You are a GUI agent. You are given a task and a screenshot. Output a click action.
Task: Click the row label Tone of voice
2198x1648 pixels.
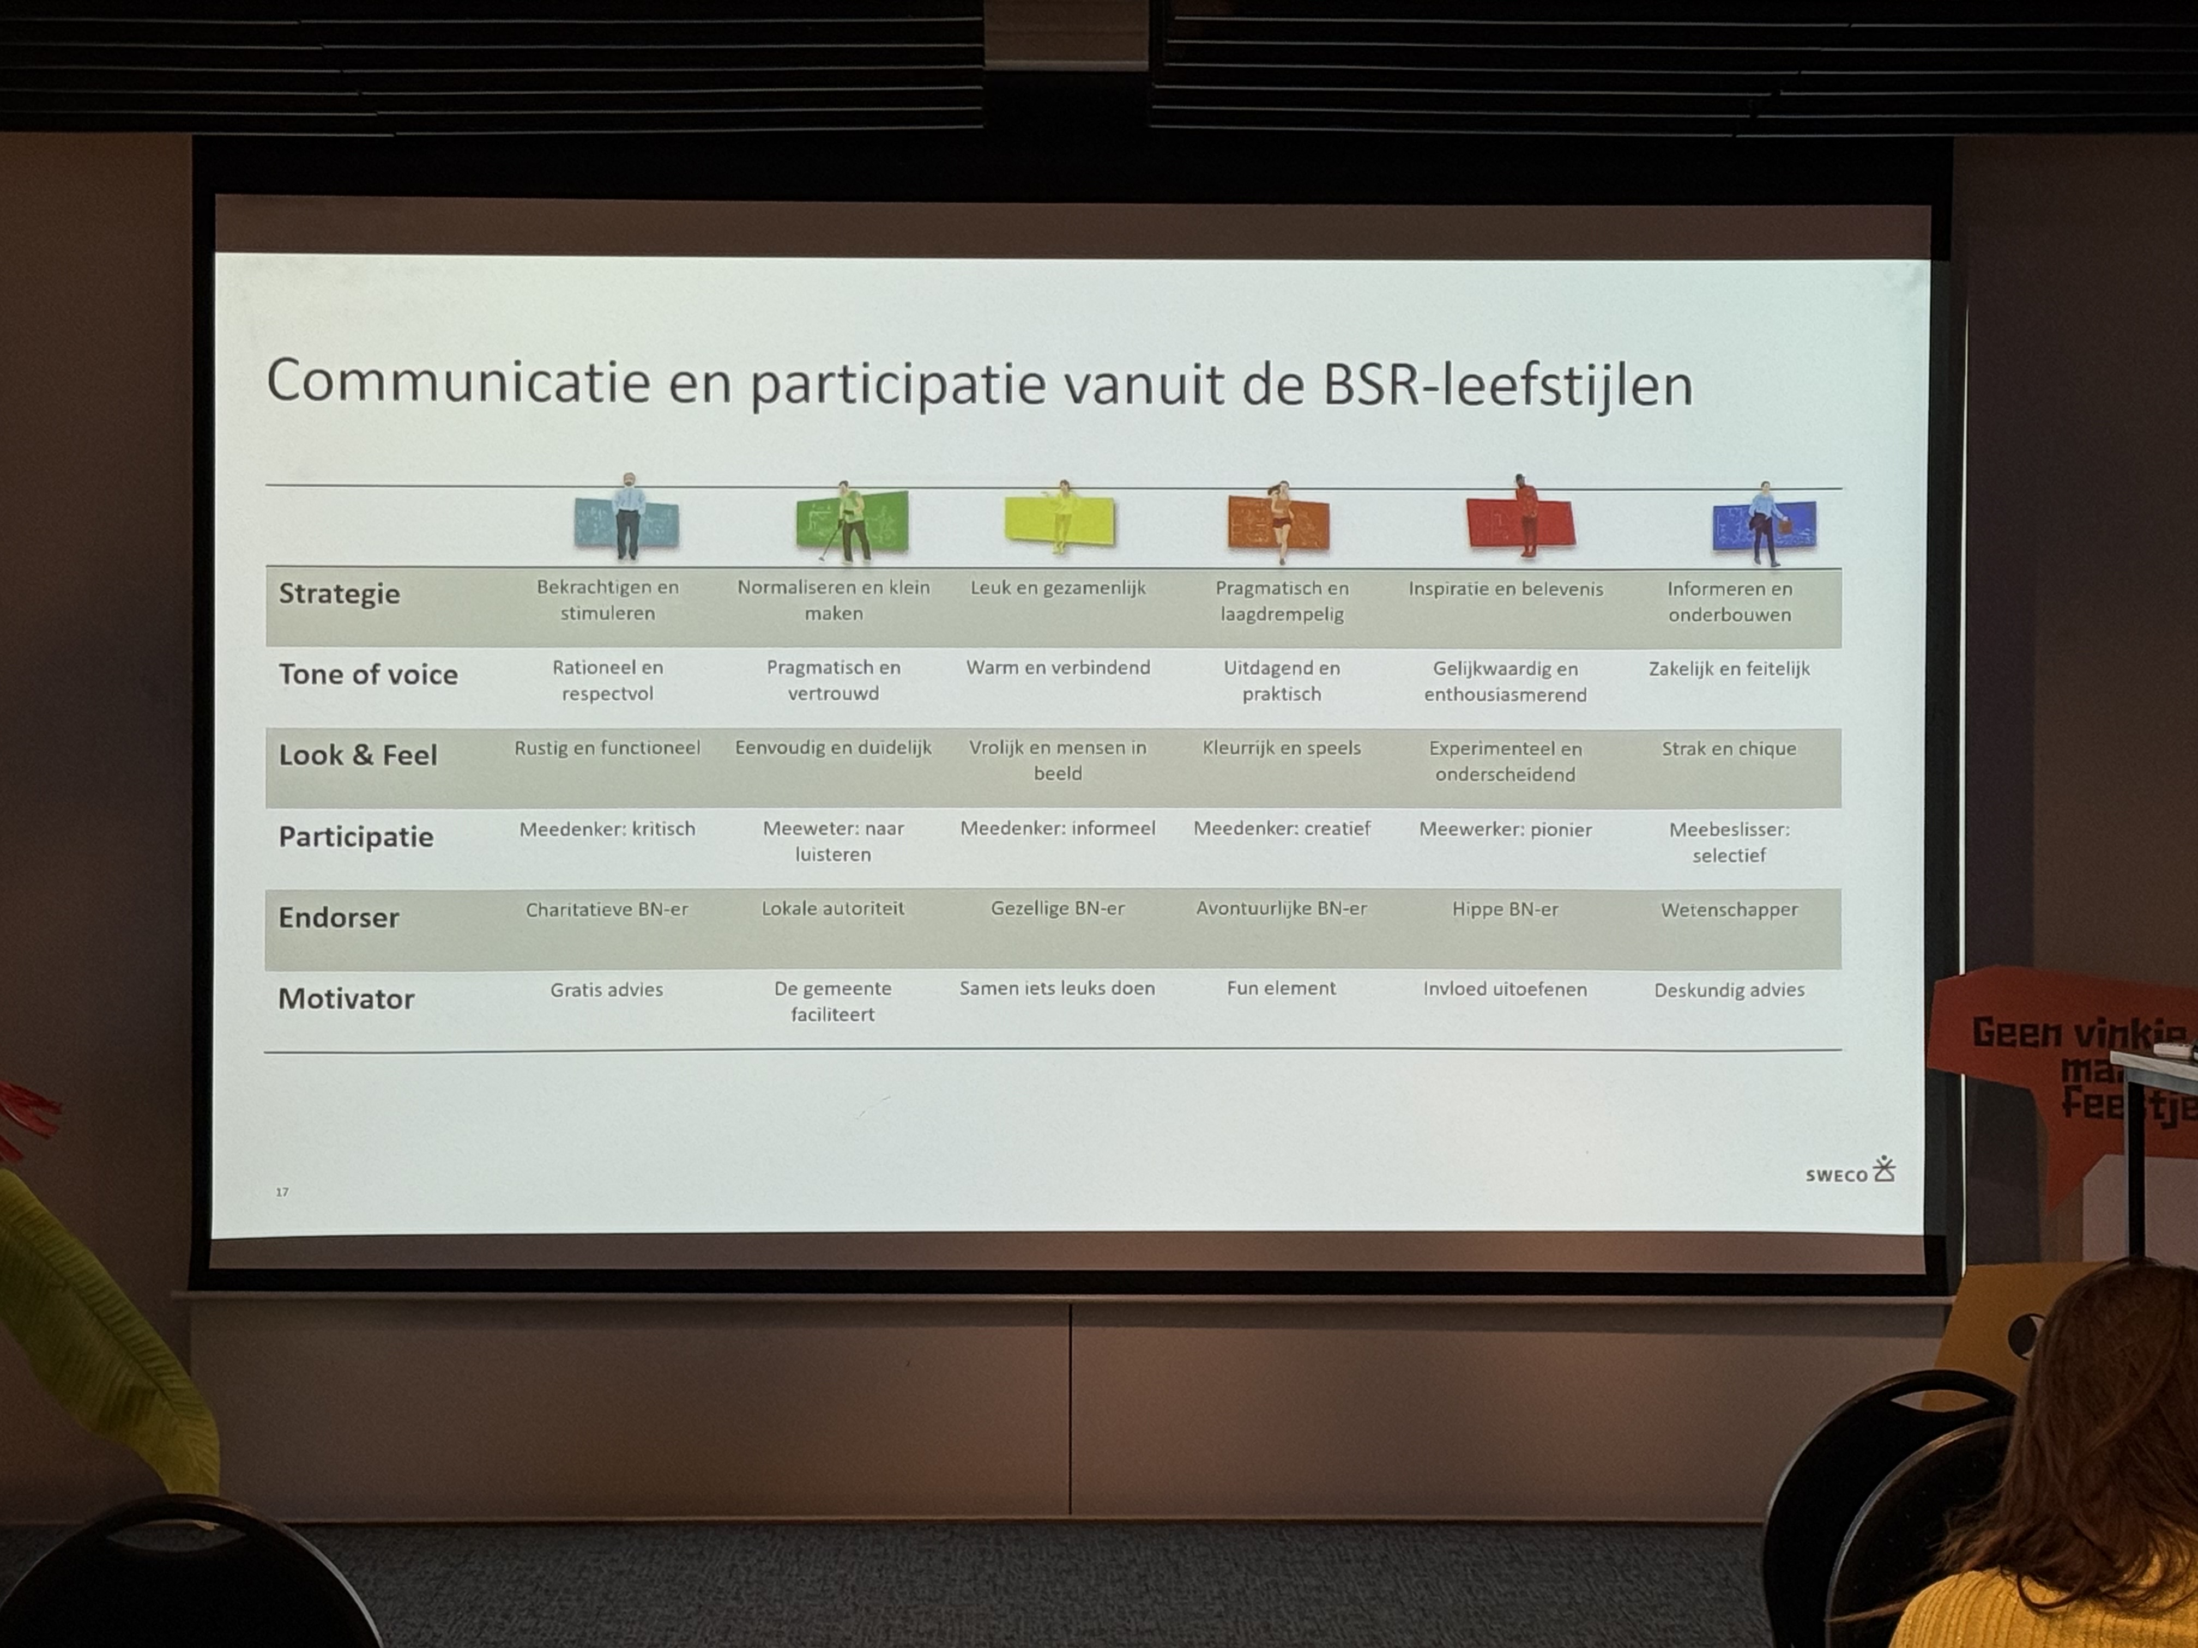367,675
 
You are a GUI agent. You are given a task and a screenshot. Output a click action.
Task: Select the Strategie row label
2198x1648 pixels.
339,594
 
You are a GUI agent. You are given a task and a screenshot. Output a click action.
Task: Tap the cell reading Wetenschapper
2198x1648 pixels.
1729,910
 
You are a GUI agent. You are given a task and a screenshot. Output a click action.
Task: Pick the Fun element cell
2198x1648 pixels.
1281,989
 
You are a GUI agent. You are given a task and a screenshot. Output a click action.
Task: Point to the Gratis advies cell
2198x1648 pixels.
606,989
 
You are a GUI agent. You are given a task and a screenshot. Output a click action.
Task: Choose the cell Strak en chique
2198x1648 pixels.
1729,749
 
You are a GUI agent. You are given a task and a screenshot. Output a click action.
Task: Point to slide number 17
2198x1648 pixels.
282,1192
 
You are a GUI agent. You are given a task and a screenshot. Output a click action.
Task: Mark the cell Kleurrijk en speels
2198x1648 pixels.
1281,749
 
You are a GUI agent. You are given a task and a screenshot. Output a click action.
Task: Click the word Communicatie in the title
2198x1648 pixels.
458,383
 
